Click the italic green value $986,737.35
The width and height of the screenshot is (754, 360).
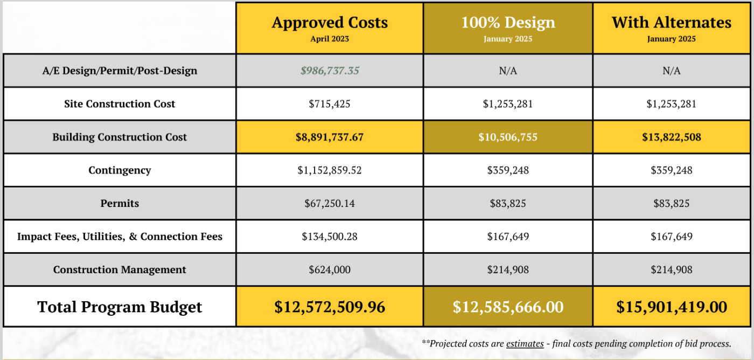click(330, 71)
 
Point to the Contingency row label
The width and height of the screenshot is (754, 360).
click(120, 170)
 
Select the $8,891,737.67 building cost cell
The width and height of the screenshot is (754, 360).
click(330, 137)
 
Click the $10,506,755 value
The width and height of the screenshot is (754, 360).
click(508, 137)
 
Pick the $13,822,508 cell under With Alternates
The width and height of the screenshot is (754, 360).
click(672, 137)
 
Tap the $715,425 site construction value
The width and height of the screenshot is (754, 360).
click(330, 104)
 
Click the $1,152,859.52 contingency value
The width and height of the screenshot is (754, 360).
click(330, 170)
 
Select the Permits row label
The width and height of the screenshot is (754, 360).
click(120, 204)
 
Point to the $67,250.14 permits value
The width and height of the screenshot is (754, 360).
click(330, 204)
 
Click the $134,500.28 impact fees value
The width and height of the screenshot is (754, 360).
click(330, 237)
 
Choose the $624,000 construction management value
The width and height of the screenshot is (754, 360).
click(330, 270)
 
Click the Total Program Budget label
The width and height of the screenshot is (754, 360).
click(120, 307)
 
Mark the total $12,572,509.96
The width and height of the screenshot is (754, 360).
click(330, 307)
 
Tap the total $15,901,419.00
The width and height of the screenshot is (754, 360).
click(672, 307)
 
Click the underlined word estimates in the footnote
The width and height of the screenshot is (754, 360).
click(525, 344)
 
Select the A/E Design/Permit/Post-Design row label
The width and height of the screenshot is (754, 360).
click(120, 71)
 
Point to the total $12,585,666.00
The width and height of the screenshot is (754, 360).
click(508, 307)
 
